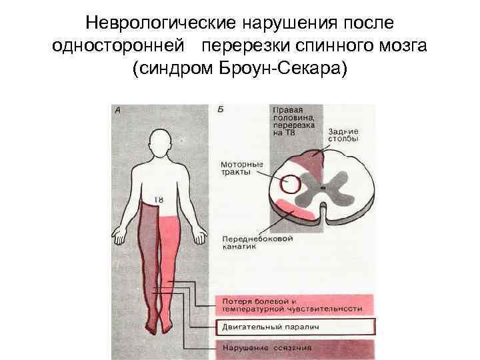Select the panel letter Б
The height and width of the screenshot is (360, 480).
tap(221, 109)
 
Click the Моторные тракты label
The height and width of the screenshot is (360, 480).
tap(241, 167)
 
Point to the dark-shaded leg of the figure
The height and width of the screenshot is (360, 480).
tap(149, 267)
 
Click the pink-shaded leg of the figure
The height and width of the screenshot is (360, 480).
tap(170, 267)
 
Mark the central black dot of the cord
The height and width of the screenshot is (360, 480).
tap(323, 189)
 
